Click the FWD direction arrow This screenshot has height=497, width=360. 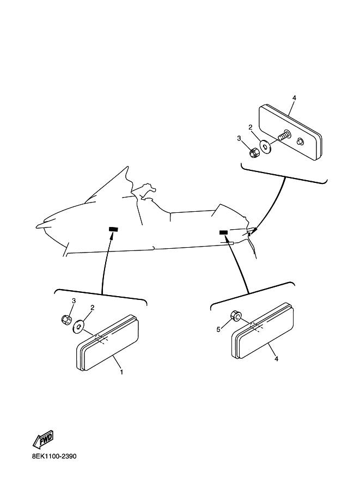43,439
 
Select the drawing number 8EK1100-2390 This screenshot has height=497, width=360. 54,456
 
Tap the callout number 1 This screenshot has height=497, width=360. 121,372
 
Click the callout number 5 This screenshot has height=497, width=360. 218,330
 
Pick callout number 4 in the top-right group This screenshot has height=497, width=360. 294,98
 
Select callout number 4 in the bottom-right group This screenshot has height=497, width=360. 276,359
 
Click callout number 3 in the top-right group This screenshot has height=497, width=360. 239,138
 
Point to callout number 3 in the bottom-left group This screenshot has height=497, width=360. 74,301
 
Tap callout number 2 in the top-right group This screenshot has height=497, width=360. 250,127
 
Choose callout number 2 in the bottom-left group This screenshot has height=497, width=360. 92,307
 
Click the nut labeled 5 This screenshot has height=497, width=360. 236,316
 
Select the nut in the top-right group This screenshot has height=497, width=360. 253,154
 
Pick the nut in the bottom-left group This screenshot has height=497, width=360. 66,320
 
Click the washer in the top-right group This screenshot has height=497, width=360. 265,146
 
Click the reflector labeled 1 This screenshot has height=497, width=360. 107,343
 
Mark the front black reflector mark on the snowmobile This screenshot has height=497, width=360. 113,229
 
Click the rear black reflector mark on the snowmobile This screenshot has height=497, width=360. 223,232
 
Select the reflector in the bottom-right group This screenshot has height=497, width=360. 263,332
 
